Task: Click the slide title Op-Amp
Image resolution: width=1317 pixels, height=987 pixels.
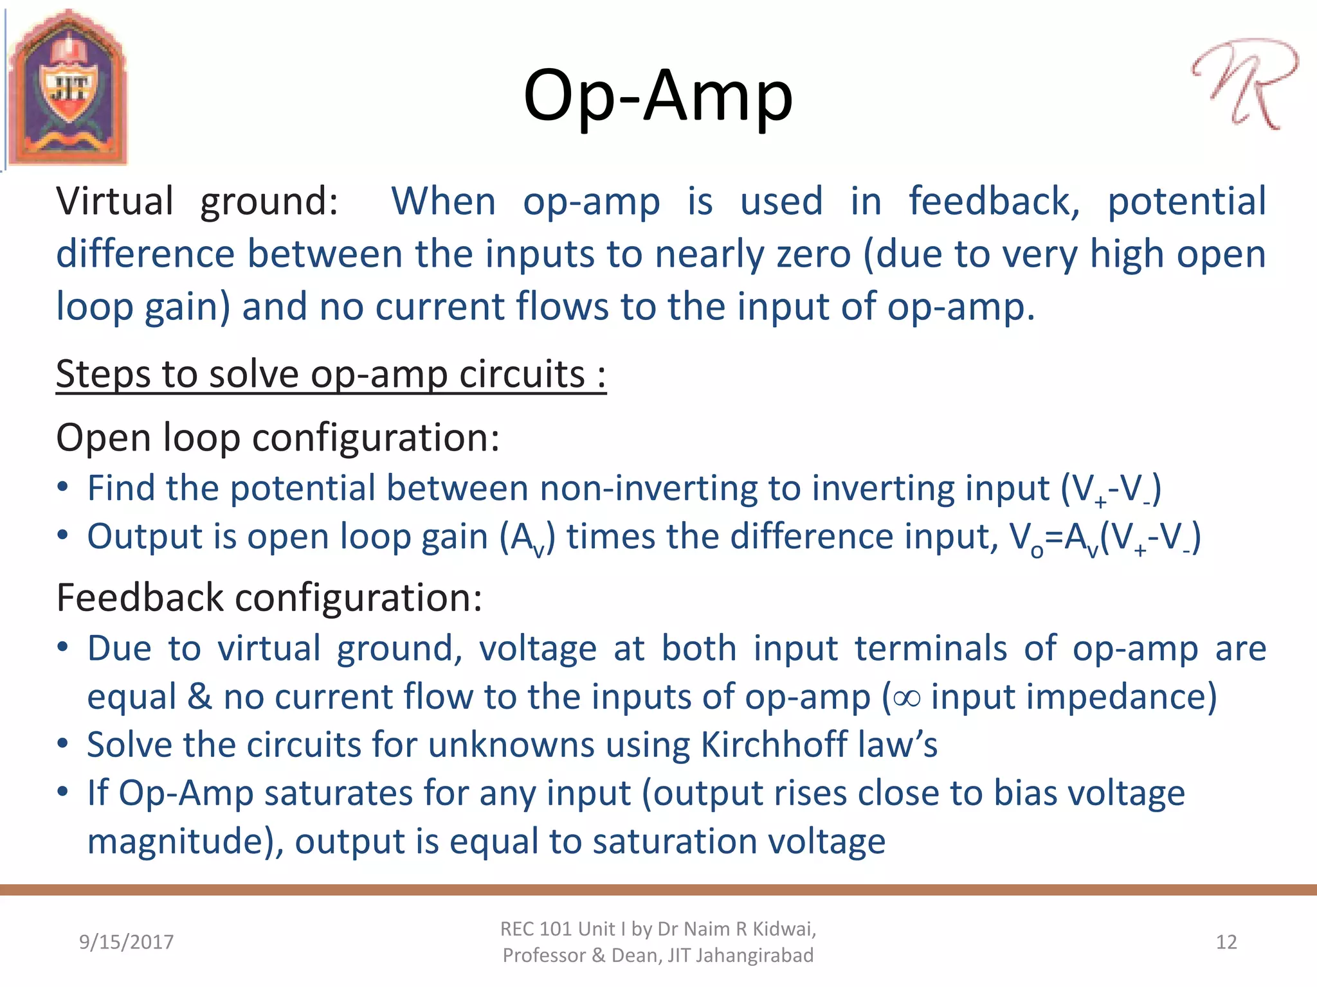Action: point(658,96)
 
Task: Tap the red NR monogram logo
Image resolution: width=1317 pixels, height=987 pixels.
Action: point(1244,84)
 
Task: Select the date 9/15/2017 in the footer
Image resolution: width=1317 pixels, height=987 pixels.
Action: point(126,942)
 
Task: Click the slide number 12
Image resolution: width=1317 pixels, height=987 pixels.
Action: point(1226,942)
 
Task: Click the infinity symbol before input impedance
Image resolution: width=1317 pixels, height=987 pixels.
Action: point(907,698)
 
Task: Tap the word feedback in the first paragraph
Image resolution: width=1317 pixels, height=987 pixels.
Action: point(994,201)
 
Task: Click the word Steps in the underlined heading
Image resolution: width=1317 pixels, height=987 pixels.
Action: point(103,375)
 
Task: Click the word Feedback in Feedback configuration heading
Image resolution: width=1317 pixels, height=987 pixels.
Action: point(140,598)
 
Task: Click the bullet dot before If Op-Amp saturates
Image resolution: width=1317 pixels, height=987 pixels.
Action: point(62,792)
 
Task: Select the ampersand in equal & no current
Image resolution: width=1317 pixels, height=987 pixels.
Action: point(199,697)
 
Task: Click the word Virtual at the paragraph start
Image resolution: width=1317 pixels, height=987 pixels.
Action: point(114,201)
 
